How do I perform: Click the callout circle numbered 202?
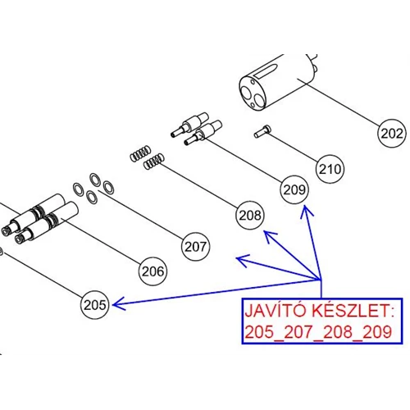click(x=391, y=134)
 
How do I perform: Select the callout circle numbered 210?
click(x=330, y=169)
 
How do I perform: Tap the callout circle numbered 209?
click(x=294, y=189)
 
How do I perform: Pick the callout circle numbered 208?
click(x=250, y=216)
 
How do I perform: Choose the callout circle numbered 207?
click(x=195, y=247)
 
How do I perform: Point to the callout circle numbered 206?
click(x=153, y=271)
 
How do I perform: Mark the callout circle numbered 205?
click(x=94, y=305)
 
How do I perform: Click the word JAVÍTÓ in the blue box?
click(x=276, y=311)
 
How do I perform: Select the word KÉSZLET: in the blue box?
click(x=353, y=311)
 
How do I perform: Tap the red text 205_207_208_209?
click(x=318, y=332)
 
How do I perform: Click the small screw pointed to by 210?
click(x=262, y=131)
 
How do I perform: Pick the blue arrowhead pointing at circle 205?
click(x=119, y=304)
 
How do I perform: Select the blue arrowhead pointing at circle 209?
click(x=307, y=212)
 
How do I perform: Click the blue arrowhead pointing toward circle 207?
click(x=244, y=260)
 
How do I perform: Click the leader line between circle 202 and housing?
click(x=339, y=102)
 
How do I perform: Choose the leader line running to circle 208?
click(x=199, y=187)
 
